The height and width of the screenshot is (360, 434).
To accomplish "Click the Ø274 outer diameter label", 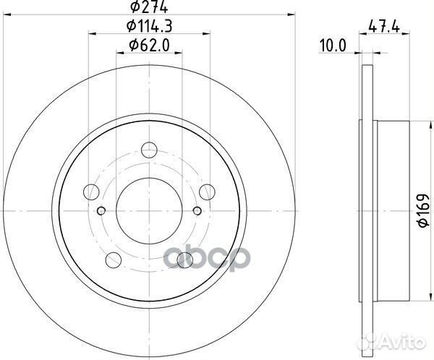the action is pyautogui.click(x=149, y=7).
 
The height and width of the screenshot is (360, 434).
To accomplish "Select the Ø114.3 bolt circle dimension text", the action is pyautogui.click(x=150, y=26).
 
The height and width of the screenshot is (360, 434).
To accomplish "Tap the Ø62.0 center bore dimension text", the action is pyautogui.click(x=149, y=45).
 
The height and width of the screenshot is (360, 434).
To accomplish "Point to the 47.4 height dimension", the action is pyautogui.click(x=384, y=27).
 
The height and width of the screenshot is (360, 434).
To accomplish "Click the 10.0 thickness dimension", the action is pyautogui.click(x=333, y=46).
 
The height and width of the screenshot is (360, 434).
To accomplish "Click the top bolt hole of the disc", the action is pyautogui.click(x=149, y=150).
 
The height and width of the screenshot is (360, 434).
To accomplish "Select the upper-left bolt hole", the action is pyautogui.click(x=91, y=192).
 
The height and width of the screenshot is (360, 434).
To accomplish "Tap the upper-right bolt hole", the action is pyautogui.click(x=207, y=192).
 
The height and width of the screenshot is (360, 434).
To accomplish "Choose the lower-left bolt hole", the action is pyautogui.click(x=114, y=260).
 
